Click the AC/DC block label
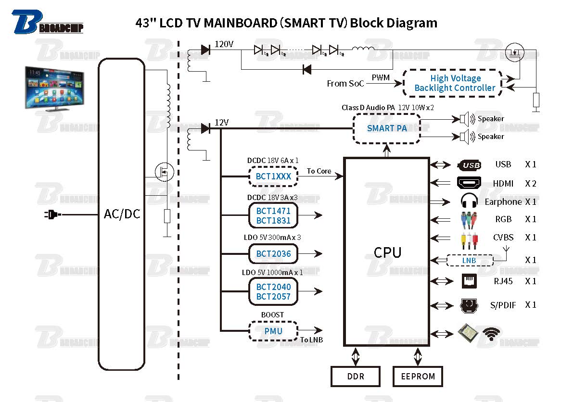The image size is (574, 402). coord(122,214)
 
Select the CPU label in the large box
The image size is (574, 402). coord(387,252)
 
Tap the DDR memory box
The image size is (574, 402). coord(356,377)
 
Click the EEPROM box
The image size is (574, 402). coord(418,377)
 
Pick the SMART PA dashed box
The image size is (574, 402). coord(387,128)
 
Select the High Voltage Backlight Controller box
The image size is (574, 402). coord(455,83)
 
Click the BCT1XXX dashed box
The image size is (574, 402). coord(273,176)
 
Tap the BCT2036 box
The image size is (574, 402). coord(273,253)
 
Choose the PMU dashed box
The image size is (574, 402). coord(273,331)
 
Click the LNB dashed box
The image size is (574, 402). coord(469,261)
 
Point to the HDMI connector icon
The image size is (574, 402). coord(469,183)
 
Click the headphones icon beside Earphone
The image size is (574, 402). coord(469,201)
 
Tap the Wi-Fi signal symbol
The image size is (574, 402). coord(491,334)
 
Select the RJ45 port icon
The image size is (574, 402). coord(469,281)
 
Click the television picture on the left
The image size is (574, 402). coord(54,89)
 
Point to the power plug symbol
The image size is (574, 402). coord(51,214)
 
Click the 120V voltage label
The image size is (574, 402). coord(224,45)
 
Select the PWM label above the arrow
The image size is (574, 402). coord(381,77)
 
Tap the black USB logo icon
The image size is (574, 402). coord(470,165)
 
